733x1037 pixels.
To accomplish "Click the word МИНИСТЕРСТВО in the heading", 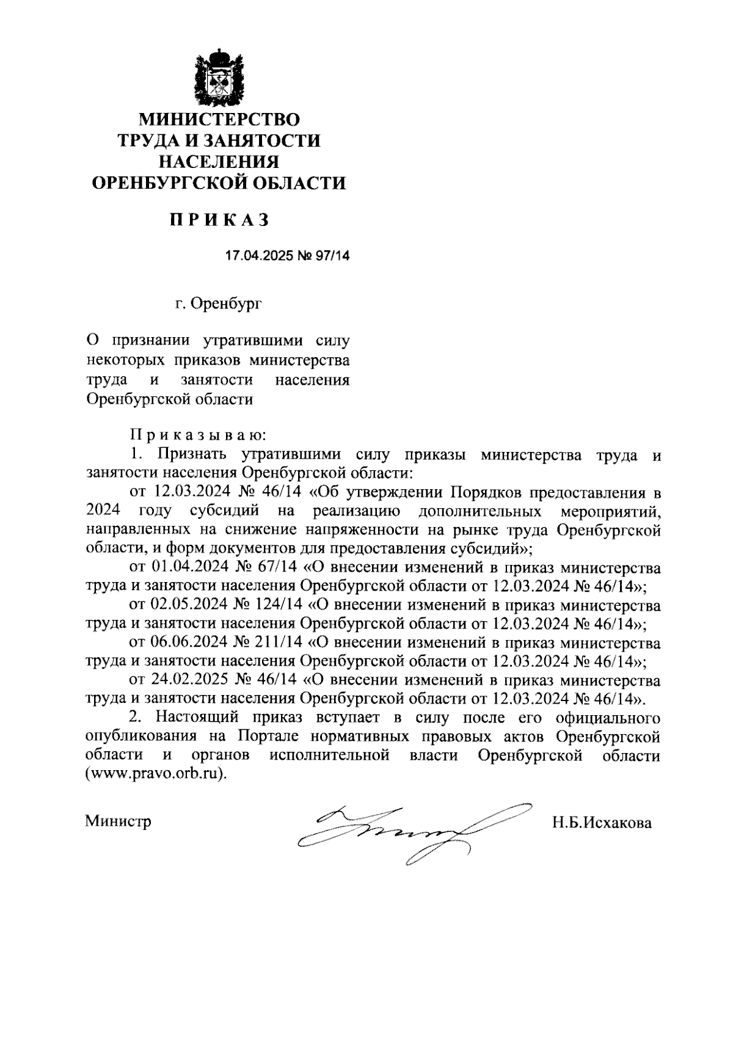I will pyautogui.click(x=219, y=118).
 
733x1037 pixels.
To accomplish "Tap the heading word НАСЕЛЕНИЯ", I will pyautogui.click(x=219, y=162).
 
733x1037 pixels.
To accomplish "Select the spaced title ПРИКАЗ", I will pyautogui.click(x=219, y=220).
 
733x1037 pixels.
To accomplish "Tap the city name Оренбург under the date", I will pyautogui.click(x=227, y=304).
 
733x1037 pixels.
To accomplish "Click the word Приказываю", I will pyautogui.click(x=197, y=435).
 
